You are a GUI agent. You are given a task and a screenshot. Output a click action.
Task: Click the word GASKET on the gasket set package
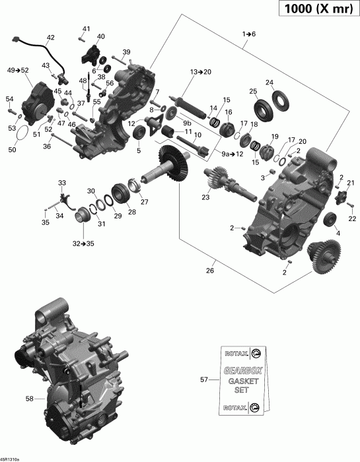click(x=240, y=381)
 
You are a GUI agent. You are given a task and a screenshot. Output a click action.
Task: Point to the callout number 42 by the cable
click(x=50, y=38)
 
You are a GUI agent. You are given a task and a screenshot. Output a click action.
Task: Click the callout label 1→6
click(x=248, y=33)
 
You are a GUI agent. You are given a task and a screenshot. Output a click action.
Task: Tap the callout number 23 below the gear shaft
click(x=205, y=197)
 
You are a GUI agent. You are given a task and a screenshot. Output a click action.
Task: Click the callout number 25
click(x=253, y=90)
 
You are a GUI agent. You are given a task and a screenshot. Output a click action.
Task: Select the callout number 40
click(x=100, y=36)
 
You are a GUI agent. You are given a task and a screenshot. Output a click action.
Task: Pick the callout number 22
click(x=351, y=218)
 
